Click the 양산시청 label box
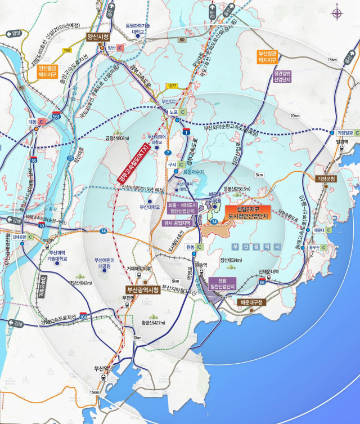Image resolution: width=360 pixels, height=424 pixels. [x=97, y=37]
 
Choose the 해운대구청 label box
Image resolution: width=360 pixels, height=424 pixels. [x=249, y=302]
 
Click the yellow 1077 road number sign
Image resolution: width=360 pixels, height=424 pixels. [x=173, y=86]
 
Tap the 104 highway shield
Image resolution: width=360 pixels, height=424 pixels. [x=83, y=316]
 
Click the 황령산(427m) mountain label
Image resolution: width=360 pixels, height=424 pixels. [x=154, y=323]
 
